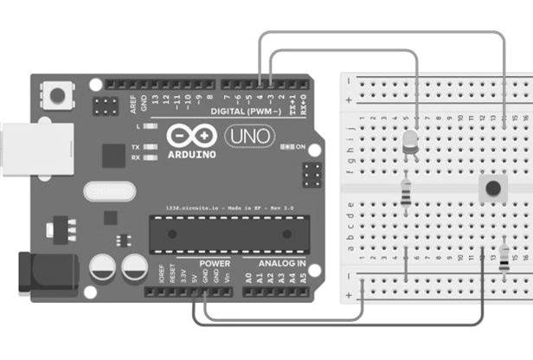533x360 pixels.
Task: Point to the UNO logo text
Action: pyautogui.click(x=250, y=136)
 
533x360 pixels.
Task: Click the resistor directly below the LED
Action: pyautogui.click(x=407, y=192)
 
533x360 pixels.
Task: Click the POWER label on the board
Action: pyautogui.click(x=215, y=261)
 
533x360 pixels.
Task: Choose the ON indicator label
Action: pyautogui.click(x=301, y=147)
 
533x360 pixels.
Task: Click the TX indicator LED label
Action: pyautogui.click(x=136, y=147)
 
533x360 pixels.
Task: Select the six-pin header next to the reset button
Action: pyautogui.click(x=107, y=107)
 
